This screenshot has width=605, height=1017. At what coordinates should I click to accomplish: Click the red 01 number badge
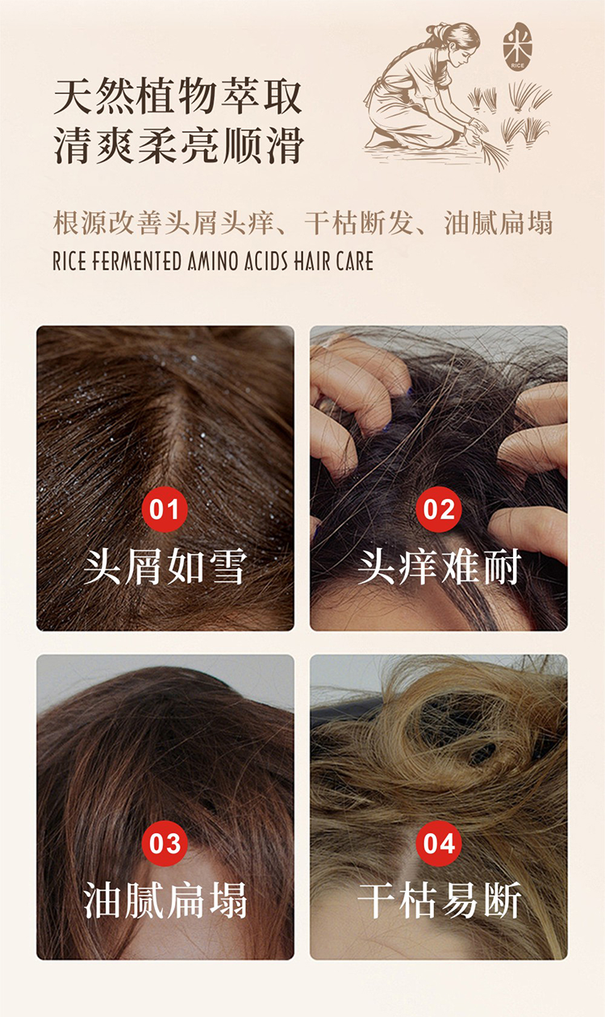(x=165, y=509)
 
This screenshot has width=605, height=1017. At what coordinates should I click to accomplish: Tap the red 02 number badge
(x=439, y=509)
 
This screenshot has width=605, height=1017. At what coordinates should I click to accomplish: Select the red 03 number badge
(x=165, y=843)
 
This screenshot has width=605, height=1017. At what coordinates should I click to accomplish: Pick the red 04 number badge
(x=439, y=843)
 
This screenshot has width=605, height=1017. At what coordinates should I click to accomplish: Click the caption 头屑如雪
(x=165, y=567)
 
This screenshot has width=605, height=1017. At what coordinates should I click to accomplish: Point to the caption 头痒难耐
(x=439, y=567)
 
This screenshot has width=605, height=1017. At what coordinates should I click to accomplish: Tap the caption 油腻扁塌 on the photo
(x=165, y=901)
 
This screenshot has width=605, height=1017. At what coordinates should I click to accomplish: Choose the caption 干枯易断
(x=439, y=901)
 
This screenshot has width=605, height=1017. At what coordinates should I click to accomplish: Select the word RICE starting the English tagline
(x=69, y=261)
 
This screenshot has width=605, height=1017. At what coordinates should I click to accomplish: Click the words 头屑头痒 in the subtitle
(x=219, y=224)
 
